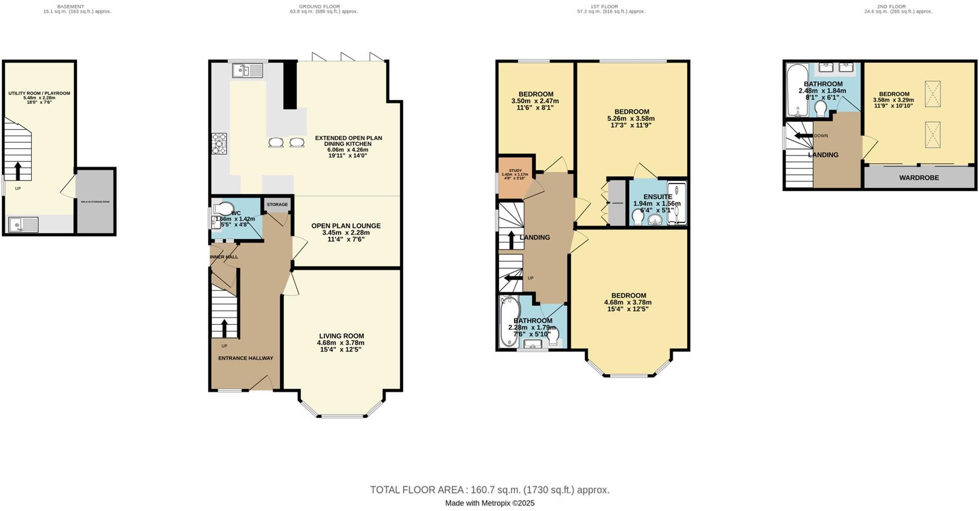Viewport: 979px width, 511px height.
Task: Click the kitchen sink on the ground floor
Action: tap(247, 71)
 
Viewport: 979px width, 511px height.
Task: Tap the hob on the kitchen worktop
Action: tap(219, 143)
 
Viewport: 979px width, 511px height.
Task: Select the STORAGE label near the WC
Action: tap(277, 205)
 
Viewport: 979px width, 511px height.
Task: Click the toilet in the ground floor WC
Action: tap(223, 208)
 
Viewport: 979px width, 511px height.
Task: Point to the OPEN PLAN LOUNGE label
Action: tap(346, 226)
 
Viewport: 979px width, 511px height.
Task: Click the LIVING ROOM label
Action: tap(341, 336)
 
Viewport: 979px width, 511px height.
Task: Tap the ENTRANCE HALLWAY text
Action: tap(246, 358)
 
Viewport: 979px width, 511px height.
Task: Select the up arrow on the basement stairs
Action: tap(18, 171)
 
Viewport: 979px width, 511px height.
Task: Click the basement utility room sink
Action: tap(23, 225)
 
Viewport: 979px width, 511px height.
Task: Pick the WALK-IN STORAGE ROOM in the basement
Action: tap(95, 202)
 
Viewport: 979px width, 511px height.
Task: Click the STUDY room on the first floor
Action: tap(515, 177)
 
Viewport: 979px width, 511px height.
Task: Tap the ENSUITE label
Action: tap(657, 197)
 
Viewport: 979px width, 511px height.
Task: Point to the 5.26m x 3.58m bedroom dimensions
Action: tap(631, 119)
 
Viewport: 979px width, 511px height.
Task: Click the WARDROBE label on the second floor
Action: tap(919, 178)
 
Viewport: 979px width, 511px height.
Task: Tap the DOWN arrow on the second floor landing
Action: tap(803, 136)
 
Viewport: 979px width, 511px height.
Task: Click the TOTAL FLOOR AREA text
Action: tap(489, 490)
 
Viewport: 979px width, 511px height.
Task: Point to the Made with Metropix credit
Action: tap(489, 503)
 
